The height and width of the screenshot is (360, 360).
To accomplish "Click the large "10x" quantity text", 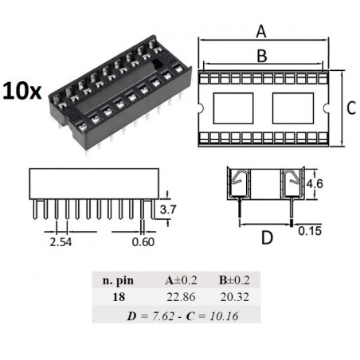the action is (x=22, y=91).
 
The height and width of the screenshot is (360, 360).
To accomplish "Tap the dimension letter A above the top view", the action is (x=261, y=31).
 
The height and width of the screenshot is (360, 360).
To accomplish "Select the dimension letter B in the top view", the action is (x=262, y=56).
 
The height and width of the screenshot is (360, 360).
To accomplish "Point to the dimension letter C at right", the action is (x=351, y=108).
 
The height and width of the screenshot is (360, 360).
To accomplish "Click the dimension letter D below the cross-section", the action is (x=267, y=237).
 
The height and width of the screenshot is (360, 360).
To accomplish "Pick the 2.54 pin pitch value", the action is (x=61, y=242).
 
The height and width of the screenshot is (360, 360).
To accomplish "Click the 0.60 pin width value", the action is (x=143, y=242).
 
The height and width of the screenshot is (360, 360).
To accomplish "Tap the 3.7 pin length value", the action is (x=168, y=209).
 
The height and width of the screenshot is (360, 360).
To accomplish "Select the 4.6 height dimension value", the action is (x=315, y=183).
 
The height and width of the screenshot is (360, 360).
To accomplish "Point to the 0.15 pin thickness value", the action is (x=310, y=231).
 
